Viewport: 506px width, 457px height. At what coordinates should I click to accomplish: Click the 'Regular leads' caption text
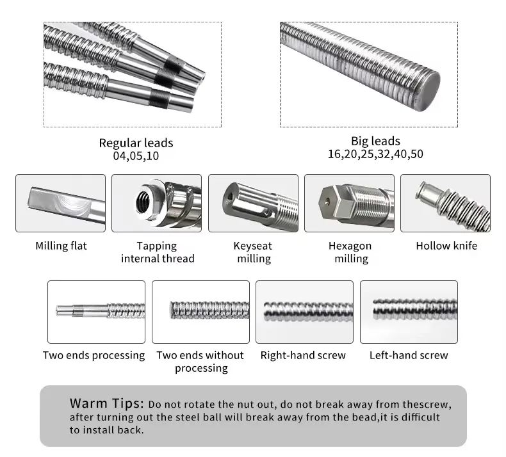point(136,143)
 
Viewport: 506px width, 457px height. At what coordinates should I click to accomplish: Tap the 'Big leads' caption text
point(375,141)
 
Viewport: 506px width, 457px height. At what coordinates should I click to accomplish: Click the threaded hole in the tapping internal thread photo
point(142,202)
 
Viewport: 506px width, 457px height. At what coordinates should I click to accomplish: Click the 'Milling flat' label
point(61,246)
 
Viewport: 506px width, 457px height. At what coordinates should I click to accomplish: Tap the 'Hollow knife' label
point(446,246)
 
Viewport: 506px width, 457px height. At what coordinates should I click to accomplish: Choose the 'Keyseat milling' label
point(253,252)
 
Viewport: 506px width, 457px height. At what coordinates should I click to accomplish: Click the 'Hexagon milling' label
point(350,252)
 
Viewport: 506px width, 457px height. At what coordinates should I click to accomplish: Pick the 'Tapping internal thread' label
point(158,252)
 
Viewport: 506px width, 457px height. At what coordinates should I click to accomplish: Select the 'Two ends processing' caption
point(94,355)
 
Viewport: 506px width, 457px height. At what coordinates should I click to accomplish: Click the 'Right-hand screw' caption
point(303,355)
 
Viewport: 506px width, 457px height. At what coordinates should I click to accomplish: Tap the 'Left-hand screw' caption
point(409,355)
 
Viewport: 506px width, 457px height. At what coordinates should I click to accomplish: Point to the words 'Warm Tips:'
point(106,403)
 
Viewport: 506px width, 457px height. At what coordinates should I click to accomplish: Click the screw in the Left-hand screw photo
point(415,309)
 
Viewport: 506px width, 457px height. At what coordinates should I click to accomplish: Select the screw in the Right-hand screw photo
point(308,312)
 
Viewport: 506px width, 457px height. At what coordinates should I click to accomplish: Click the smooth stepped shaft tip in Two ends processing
point(81,310)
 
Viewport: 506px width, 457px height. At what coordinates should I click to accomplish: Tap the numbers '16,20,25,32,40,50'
point(375,154)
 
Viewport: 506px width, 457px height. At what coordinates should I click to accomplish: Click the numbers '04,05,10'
point(136,156)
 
